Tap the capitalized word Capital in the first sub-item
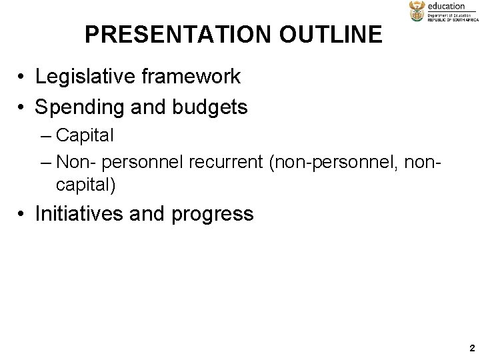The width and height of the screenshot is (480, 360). click(85, 135)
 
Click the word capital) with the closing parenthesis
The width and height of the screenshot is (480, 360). click(91, 185)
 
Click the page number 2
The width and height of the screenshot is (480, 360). click(471, 348)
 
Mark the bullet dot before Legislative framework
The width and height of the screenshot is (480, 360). click(22, 78)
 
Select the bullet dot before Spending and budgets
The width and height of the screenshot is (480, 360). click(22, 107)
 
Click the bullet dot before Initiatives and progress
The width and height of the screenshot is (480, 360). click(22, 215)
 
